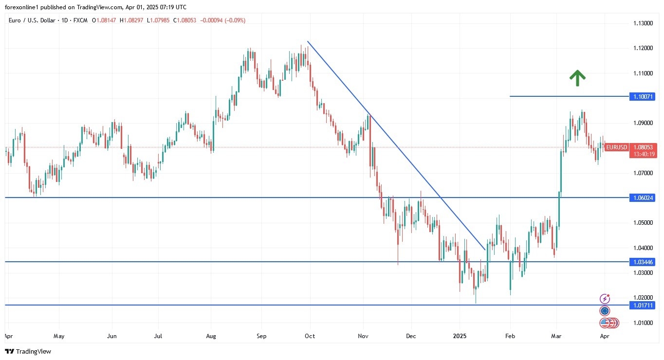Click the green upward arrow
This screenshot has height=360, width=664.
tap(577, 78)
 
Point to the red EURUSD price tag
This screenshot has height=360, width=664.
tap(616, 147)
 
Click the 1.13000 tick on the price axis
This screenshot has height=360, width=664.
tap(643, 23)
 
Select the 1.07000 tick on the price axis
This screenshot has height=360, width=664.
tap(643, 173)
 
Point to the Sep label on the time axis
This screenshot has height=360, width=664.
tap(261, 336)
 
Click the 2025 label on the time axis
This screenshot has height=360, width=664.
tap(460, 336)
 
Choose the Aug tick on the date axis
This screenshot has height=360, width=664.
tap(210, 336)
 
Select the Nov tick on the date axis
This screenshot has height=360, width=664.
tap(363, 336)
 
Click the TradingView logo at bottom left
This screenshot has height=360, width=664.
tap(28, 351)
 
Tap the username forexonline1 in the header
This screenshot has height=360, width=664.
tap(23, 7)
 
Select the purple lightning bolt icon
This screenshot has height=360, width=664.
tap(605, 299)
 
